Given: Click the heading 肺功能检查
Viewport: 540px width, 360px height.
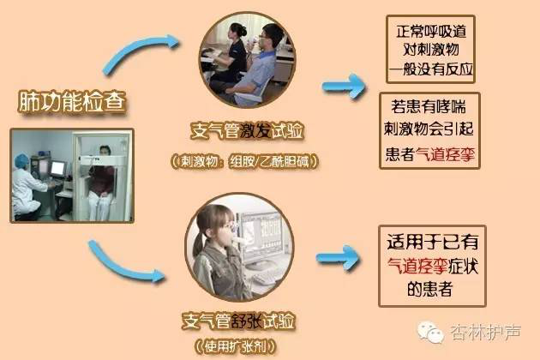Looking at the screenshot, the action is [x=72, y=102].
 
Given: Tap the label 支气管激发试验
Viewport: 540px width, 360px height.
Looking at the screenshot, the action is [x=247, y=131].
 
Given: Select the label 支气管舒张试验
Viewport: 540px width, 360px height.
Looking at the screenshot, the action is [x=238, y=321].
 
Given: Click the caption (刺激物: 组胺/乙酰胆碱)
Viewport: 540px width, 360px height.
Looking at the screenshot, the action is [x=245, y=161].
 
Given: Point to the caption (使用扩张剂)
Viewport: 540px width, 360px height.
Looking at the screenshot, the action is [x=236, y=346].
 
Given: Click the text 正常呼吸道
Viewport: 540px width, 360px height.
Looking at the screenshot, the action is [x=431, y=32].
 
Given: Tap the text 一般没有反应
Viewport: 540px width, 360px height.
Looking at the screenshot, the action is [x=431, y=69].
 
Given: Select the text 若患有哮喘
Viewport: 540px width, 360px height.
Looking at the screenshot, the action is [x=429, y=106].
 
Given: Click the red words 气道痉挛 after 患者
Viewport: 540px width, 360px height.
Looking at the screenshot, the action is [x=446, y=154].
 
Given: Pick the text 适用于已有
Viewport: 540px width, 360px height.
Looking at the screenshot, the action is [x=433, y=242].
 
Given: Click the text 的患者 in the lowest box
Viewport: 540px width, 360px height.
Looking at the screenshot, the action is [x=429, y=288].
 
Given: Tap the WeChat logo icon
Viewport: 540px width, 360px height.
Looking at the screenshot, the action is [x=429, y=332].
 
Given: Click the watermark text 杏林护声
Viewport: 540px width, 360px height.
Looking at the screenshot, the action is [x=486, y=333].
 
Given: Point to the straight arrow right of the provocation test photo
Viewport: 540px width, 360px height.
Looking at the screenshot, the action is [x=344, y=86].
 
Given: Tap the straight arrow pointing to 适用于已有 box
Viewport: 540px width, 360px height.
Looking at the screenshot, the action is [x=338, y=258].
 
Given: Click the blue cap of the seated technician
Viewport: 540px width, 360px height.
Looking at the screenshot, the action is [x=22, y=159].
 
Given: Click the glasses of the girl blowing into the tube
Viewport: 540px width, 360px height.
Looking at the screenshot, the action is [x=226, y=226].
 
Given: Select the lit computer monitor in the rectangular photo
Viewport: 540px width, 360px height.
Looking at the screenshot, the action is [x=57, y=169].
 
